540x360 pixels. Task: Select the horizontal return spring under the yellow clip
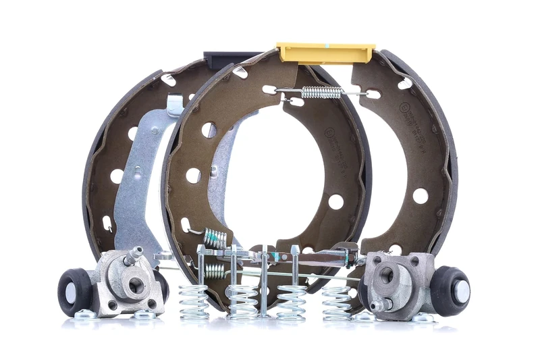tap(321, 91)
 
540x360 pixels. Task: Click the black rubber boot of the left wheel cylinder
tap(71, 292)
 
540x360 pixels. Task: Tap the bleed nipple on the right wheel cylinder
tap(378, 305)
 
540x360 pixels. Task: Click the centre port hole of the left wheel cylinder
tap(136, 285)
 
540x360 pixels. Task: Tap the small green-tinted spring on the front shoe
tap(215, 238)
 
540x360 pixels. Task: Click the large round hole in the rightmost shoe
tap(420, 196)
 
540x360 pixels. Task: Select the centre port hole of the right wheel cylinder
tap(386, 275)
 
